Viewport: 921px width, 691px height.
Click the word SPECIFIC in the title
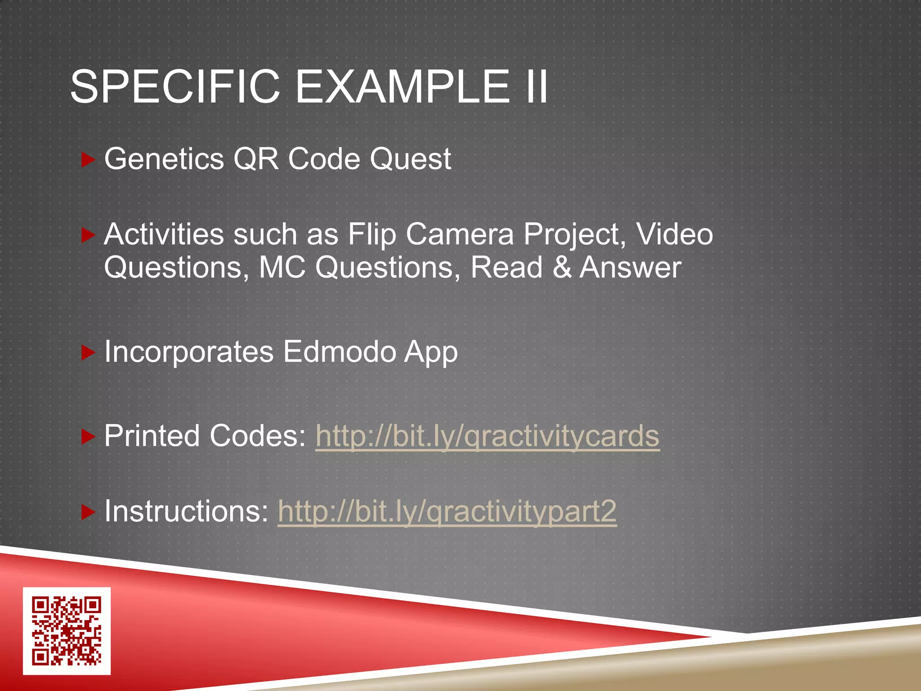[x=175, y=86]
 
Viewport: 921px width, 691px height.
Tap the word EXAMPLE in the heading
[x=402, y=86]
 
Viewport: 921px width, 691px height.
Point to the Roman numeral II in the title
[x=536, y=86]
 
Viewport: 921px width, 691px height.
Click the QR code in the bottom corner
[x=67, y=631]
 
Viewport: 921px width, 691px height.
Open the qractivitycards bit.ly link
[x=487, y=436]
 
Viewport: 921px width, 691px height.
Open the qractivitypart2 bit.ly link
[x=447, y=512]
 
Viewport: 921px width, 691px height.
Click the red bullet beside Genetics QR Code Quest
[x=88, y=160]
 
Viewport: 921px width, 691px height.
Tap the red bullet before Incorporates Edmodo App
[x=88, y=353]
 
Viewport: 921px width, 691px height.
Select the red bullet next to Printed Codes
[x=88, y=437]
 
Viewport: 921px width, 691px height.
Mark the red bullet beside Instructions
[x=88, y=512]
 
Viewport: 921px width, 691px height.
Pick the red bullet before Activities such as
[x=88, y=235]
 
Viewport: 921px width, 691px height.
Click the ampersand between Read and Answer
[x=562, y=268]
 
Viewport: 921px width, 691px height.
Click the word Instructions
[x=186, y=511]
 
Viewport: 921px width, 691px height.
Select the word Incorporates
[x=189, y=352]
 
